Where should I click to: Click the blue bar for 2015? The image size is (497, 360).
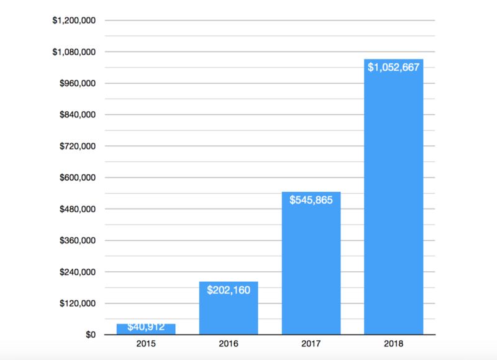coord(146,330)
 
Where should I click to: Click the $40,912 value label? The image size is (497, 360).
coord(146,327)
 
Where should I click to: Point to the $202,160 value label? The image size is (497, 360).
coord(229,289)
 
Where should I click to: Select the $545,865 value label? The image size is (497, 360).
coord(311,200)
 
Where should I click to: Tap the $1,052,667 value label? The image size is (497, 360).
coord(394,67)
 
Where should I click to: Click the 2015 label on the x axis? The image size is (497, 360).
coord(146,343)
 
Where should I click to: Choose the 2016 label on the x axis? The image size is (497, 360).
coord(229,343)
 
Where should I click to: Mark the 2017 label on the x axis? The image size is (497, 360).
coord(311,343)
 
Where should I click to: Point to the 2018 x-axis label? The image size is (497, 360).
coord(394,343)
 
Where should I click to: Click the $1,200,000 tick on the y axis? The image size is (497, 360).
coord(74,20)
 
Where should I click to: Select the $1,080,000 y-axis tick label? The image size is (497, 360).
coord(74,52)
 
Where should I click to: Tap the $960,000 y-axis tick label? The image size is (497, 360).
coord(77,83)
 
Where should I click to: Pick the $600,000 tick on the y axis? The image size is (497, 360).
coord(77,178)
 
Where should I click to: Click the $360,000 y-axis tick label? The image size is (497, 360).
coord(77,240)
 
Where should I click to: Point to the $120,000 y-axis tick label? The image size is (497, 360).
coord(77,304)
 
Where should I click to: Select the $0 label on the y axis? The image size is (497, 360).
coord(90,335)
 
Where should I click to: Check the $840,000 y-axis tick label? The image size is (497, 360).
coord(77,115)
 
